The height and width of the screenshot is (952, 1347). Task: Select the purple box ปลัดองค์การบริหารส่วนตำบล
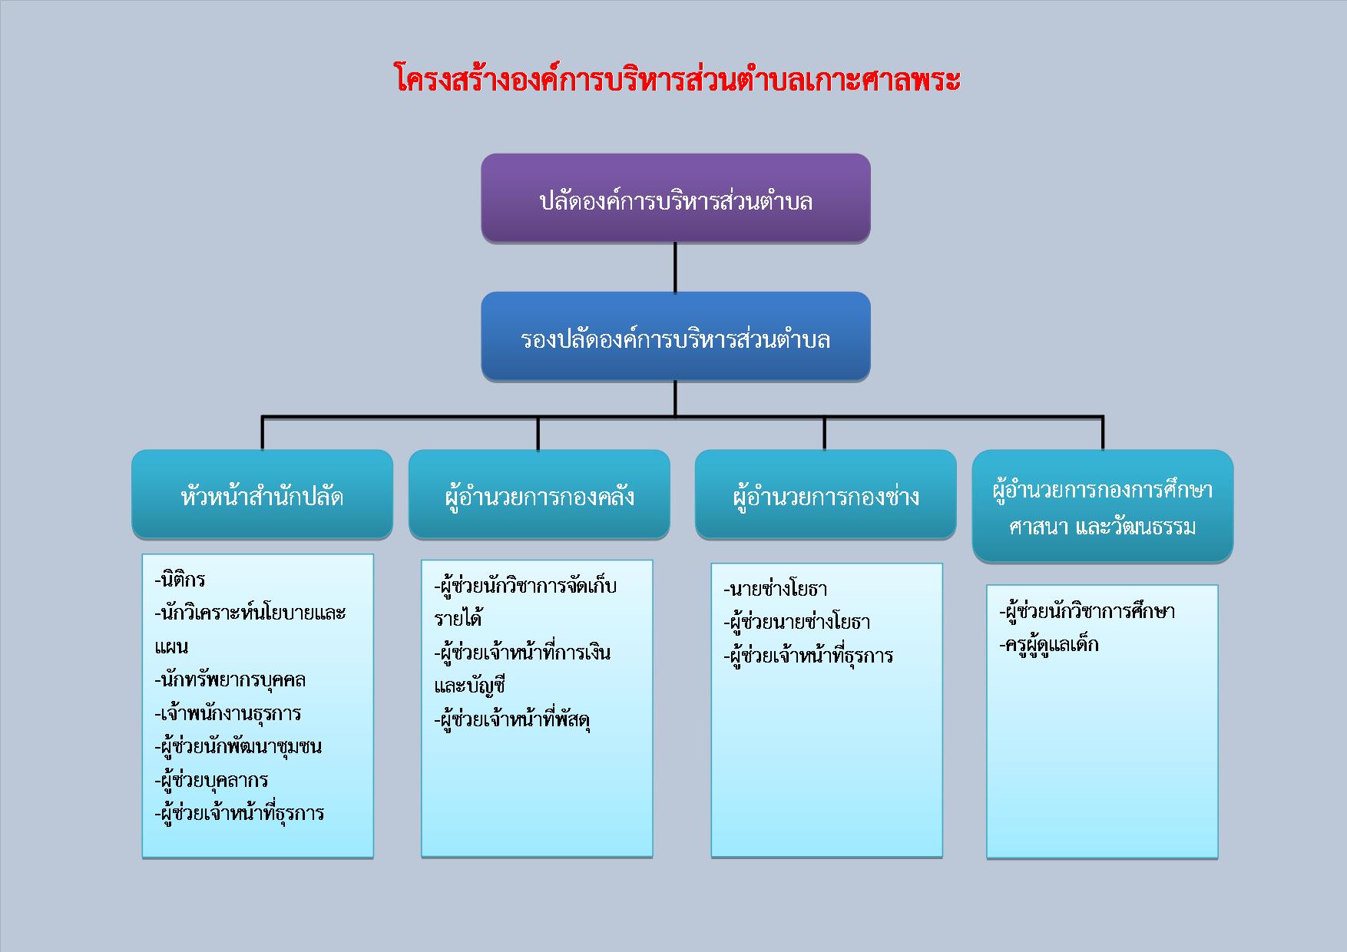(676, 199)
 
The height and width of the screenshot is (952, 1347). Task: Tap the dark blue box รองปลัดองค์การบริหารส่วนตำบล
(676, 336)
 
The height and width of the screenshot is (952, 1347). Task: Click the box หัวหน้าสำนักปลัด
(262, 494)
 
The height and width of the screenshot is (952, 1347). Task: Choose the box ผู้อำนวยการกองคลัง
(539, 494)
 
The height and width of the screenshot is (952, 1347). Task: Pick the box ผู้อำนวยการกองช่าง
(826, 494)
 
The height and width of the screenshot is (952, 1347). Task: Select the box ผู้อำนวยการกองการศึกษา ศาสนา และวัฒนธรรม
(1103, 506)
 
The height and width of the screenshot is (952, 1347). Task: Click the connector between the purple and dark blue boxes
(676, 268)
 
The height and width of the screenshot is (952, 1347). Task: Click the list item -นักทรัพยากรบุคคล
(230, 680)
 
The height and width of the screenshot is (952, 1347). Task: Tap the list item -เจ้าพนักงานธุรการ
(227, 713)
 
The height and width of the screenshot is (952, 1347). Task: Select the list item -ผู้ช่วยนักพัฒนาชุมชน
(238, 746)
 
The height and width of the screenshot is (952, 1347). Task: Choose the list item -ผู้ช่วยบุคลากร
(211, 780)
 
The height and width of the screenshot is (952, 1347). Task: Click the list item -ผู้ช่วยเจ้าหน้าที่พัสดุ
(512, 720)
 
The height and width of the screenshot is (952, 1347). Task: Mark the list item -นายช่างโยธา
(775, 590)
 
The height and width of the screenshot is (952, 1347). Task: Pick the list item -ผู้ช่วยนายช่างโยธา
(796, 622)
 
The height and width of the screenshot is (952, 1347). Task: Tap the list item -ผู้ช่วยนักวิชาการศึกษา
(1087, 612)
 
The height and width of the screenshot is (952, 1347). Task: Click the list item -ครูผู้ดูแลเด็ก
(1049, 645)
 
